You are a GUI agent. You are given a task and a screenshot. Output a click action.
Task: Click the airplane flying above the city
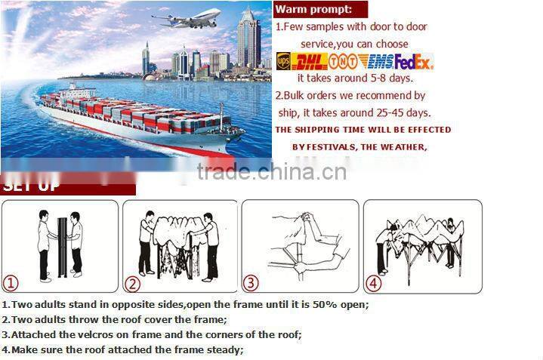tap(187, 18)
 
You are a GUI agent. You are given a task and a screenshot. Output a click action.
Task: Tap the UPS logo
tap(283, 61)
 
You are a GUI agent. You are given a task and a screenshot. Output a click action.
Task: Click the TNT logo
tap(343, 61)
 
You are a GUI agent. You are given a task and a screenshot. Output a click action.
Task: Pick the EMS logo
tap(375, 61)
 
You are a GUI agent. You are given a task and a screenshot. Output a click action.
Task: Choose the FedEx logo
tap(413, 61)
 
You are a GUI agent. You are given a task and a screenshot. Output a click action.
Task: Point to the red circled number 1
tap(11, 285)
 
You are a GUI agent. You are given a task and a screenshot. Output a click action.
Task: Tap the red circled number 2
tap(132, 285)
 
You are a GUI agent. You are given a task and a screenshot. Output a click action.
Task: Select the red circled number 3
tap(251, 285)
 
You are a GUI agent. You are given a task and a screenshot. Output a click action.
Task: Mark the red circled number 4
tap(373, 285)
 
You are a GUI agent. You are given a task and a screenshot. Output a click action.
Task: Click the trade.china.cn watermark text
tap(271, 172)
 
